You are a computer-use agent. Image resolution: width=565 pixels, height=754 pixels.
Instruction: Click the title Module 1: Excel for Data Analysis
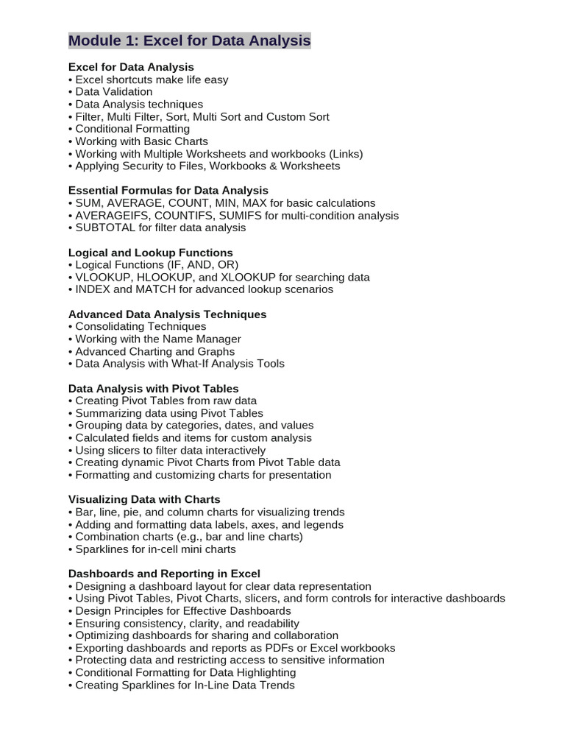[x=189, y=40]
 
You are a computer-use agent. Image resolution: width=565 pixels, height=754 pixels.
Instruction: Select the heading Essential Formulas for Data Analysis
[x=168, y=190]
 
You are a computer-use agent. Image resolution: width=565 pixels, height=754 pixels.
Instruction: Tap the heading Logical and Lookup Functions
[x=151, y=252]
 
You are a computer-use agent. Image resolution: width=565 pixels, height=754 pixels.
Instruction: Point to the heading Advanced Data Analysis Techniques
[x=168, y=314]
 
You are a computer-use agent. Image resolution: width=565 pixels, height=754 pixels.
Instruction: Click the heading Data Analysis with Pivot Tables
[x=154, y=388]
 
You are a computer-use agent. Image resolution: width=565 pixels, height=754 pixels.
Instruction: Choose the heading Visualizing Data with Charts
[x=144, y=499]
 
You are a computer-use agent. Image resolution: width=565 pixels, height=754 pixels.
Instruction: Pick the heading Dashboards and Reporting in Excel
[x=164, y=573]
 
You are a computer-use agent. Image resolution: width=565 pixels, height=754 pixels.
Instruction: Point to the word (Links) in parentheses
[x=346, y=153]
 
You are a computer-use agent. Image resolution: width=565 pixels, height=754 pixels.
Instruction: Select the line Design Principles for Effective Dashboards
[x=180, y=610]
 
